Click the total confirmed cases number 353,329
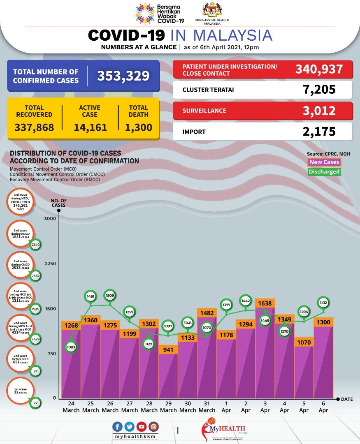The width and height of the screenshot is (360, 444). coord(123,76)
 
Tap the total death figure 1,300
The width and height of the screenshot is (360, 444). coord(139,127)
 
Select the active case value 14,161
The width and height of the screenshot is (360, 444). coord(90,127)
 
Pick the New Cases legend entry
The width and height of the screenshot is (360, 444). coord(324,162)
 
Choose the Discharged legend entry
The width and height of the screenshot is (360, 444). coord(324,172)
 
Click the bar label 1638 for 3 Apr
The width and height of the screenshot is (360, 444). coord(265,303)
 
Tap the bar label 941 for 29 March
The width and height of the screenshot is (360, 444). coord(168,349)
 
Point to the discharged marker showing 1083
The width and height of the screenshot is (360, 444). coord(71,347)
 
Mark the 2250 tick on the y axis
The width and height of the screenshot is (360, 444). coord(50,264)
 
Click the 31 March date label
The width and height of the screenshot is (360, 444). coord(207,407)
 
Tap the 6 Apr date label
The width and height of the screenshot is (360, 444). coord(323,407)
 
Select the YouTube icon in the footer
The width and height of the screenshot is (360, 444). coord(141,427)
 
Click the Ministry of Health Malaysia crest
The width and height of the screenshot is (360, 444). coord(212,10)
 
